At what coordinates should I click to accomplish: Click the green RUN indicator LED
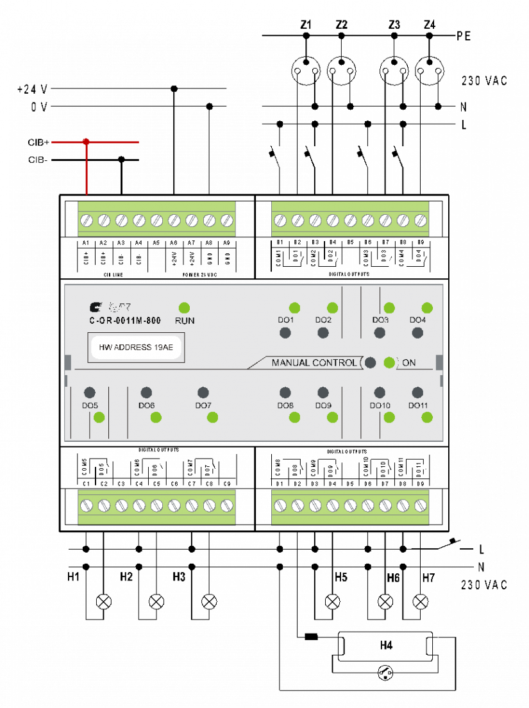(185, 308)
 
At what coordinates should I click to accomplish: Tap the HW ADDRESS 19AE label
(136, 348)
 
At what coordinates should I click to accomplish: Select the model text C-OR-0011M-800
(125, 320)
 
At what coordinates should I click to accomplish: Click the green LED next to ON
(389, 362)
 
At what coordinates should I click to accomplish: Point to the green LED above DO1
(294, 308)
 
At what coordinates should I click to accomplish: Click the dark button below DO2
(323, 333)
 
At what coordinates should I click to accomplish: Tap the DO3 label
(380, 320)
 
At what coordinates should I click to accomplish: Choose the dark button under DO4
(417, 333)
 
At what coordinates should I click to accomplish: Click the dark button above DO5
(90, 392)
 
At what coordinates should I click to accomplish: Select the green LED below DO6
(156, 417)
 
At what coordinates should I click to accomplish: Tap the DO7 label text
(203, 406)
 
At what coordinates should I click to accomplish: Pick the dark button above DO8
(285, 392)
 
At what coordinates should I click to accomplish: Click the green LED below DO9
(332, 417)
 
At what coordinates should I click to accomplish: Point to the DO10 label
(380, 406)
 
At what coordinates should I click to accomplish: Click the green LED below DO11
(427, 417)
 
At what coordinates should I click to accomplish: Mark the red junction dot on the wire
(86, 142)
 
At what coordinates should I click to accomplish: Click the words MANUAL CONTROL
(314, 363)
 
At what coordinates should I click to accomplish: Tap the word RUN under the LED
(185, 320)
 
